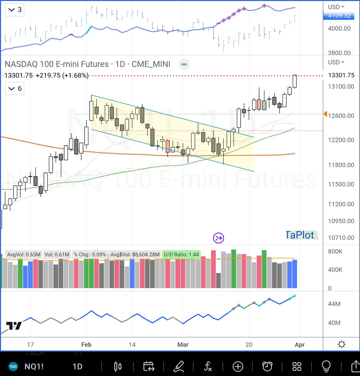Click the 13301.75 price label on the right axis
(341, 75)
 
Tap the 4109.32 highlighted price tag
(339, 16)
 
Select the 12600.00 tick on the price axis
(341, 116)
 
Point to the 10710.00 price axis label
(341, 238)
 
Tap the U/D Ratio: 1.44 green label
(181, 254)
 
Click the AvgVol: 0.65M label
(23, 254)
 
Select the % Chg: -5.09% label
(90, 254)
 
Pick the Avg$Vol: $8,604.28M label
(135, 254)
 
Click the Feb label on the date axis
(86, 345)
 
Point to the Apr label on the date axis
(300, 345)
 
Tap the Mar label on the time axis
(183, 345)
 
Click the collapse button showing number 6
(15, 89)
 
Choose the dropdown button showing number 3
(15, 10)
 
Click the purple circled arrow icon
(218, 238)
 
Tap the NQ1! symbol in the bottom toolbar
(34, 367)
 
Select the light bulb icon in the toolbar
(326, 366)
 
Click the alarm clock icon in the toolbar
(267, 366)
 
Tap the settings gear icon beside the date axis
(342, 344)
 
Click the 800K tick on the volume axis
(335, 251)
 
